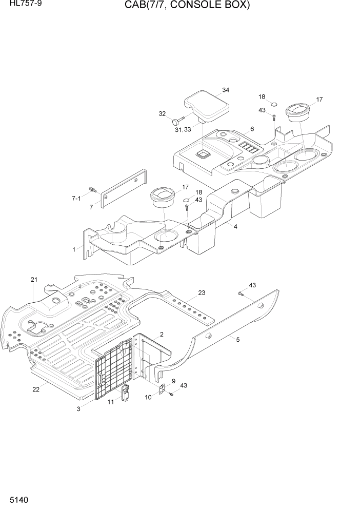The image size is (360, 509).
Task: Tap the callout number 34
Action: pyautogui.click(x=226, y=90)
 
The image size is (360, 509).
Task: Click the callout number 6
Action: pyautogui.click(x=252, y=129)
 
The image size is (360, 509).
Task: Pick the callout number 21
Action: pyautogui.click(x=34, y=280)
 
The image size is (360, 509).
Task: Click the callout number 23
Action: pyautogui.click(x=202, y=293)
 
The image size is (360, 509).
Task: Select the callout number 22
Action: pyautogui.click(x=36, y=389)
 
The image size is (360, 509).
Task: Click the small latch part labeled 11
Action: pyautogui.click(x=125, y=393)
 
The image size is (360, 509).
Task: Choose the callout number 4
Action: pyautogui.click(x=235, y=226)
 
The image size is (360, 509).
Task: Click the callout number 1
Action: pyautogui.click(x=74, y=249)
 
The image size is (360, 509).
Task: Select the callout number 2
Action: pyautogui.click(x=162, y=335)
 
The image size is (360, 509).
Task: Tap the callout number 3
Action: pyautogui.click(x=78, y=409)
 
